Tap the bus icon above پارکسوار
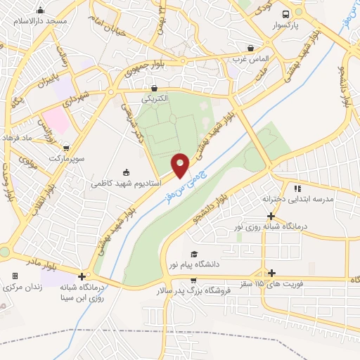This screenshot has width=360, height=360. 285,14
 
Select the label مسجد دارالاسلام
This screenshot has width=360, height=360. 40,21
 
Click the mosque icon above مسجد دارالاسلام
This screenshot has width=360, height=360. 40,10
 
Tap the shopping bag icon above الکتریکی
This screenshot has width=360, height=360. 155,88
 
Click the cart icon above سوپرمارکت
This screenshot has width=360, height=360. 66,148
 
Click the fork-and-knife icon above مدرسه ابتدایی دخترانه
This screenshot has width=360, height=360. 297,188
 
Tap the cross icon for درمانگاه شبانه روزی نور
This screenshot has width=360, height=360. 271,216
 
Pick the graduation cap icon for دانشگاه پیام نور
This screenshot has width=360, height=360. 194,255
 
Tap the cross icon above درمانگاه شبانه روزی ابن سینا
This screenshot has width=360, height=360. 83,276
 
